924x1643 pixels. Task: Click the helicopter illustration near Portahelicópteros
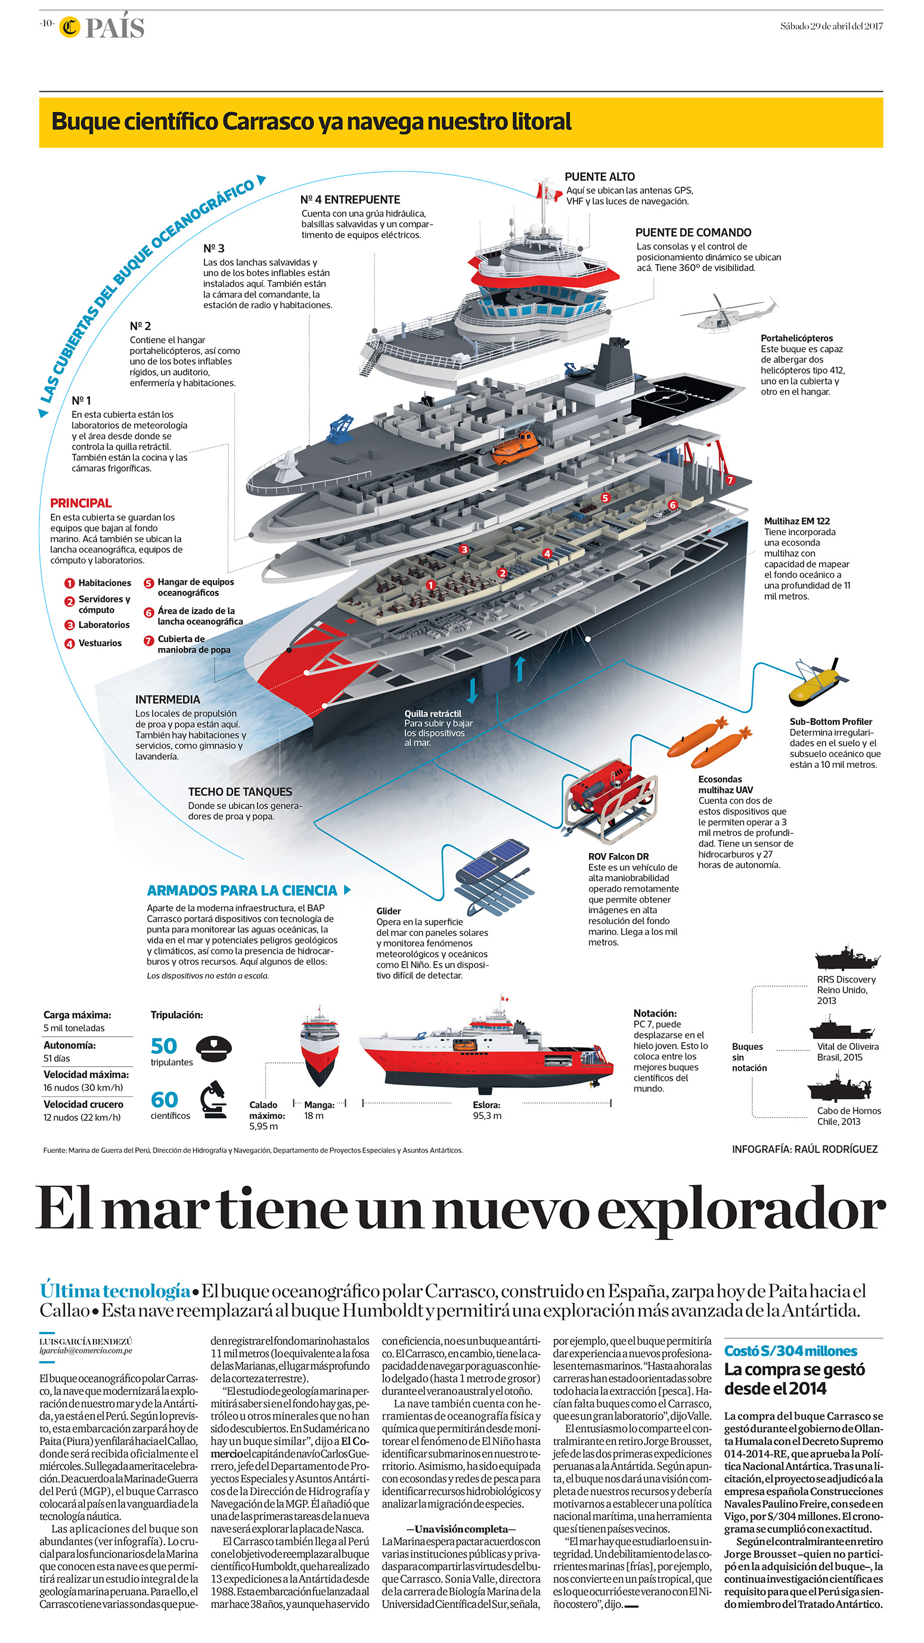(x=727, y=313)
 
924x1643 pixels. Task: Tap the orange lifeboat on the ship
(x=514, y=446)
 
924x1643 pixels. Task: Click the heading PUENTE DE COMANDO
(x=693, y=233)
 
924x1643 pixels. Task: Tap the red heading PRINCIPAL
(x=81, y=503)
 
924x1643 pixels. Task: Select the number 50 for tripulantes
(x=164, y=1046)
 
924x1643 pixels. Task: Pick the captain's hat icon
(x=213, y=1047)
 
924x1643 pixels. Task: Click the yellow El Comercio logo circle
(x=70, y=27)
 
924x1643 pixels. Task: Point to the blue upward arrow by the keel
(x=520, y=668)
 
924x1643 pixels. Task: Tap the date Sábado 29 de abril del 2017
(x=831, y=26)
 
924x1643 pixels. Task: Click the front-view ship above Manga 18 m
(x=319, y=1046)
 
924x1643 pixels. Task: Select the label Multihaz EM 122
(x=796, y=521)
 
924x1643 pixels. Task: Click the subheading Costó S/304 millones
(x=790, y=1351)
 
